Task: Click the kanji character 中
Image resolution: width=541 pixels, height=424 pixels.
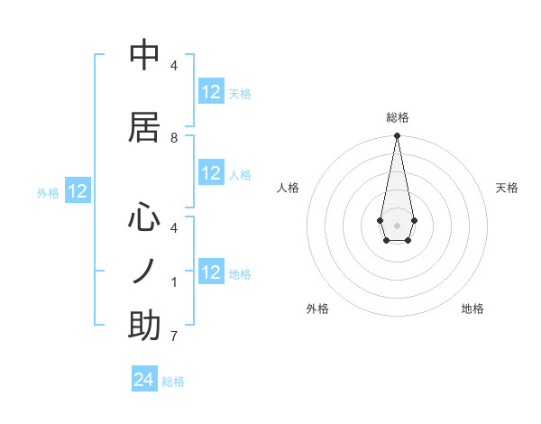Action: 144,56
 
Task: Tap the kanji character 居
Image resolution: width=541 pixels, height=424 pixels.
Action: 144,126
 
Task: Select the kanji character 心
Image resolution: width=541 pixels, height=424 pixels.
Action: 144,218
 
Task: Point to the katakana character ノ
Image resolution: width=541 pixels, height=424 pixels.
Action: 144,272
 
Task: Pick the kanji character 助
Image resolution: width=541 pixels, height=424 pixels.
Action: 144,326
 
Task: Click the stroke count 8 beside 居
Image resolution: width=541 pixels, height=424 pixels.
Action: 174,138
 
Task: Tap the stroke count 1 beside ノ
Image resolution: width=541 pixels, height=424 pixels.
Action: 174,282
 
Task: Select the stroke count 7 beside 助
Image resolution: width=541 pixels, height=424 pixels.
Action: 174,336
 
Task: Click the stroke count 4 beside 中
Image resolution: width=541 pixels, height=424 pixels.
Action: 174,66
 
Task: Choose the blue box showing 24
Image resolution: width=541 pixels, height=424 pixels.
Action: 144,381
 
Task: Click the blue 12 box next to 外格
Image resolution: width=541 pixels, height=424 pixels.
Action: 78,191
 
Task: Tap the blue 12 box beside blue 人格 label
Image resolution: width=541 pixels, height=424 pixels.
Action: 211,174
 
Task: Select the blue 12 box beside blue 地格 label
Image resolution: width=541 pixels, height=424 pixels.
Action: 211,272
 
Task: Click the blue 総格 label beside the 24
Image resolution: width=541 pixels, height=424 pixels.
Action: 173,382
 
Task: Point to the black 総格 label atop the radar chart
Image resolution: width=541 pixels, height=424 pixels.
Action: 397,117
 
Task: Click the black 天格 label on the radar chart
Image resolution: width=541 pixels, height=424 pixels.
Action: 507,188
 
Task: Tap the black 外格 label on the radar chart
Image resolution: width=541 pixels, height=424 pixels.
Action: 317,309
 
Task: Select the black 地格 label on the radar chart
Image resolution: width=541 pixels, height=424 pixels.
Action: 472,309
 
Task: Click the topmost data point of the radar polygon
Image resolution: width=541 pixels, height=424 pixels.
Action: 397,136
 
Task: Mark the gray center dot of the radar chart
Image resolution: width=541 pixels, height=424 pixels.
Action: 397,224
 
